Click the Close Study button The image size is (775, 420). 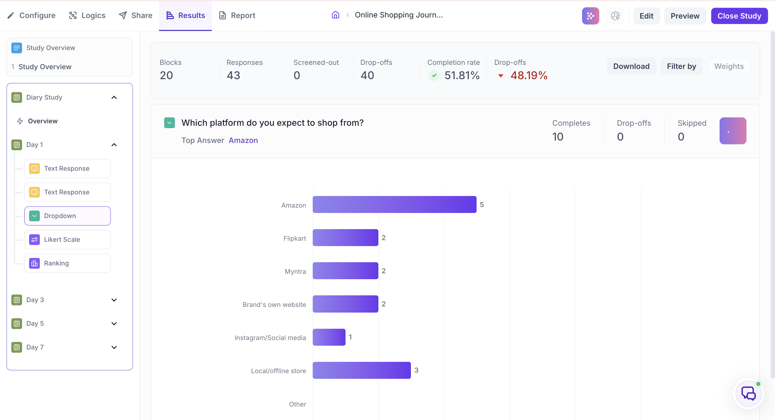tap(739, 16)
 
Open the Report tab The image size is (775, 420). tap(237, 15)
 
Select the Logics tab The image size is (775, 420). tap(87, 15)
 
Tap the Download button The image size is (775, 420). tap(631, 66)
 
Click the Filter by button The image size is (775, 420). tap(681, 66)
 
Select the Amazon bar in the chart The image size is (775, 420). tap(394, 204)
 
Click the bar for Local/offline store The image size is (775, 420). tap(362, 370)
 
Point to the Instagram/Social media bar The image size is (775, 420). tap(329, 337)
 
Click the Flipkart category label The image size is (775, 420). tap(295, 238)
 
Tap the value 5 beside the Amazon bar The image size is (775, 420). tap(482, 204)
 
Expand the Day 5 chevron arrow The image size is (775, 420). tap(114, 324)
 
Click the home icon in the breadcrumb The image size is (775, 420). tap(336, 15)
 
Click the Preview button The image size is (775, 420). tap(685, 16)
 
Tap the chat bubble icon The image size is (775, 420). tap(748, 393)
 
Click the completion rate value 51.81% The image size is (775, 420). tap(462, 75)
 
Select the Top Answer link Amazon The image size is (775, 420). tap(243, 140)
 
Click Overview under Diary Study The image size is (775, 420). tap(43, 121)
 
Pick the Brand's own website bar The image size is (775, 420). tap(345, 304)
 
